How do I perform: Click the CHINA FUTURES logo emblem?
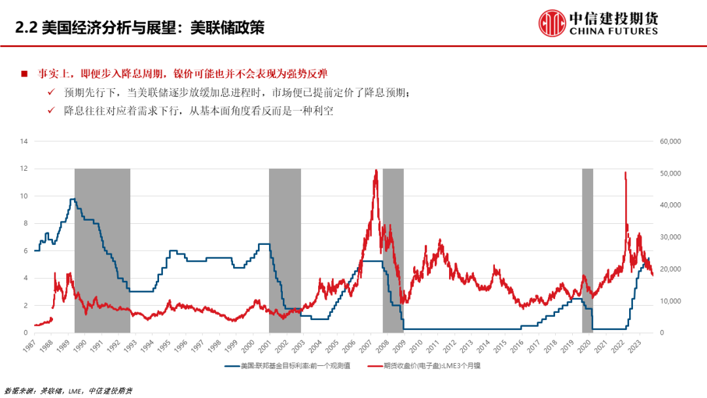[x=553, y=23]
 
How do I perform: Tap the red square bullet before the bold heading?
[x=24, y=73]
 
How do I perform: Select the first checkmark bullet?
[x=52, y=93]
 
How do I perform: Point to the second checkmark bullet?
[x=52, y=111]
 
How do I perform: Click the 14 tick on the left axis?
[x=24, y=141]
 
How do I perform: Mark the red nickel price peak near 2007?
[x=376, y=172]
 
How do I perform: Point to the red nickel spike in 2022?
[x=625, y=173]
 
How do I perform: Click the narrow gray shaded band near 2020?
[x=587, y=249]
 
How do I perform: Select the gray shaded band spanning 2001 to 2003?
[x=285, y=249]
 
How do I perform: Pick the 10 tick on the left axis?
[x=24, y=196]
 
